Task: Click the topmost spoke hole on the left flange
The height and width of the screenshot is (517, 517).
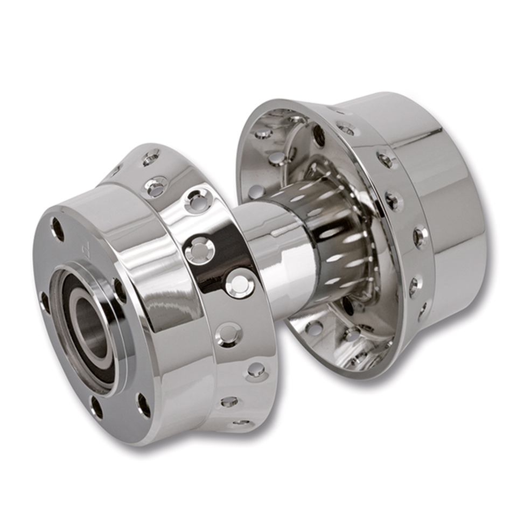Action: [151, 157]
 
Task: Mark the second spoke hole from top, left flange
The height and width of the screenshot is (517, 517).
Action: [156, 187]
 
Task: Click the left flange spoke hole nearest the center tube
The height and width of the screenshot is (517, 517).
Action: [240, 284]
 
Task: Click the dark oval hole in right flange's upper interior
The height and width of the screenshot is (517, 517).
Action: [319, 135]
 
